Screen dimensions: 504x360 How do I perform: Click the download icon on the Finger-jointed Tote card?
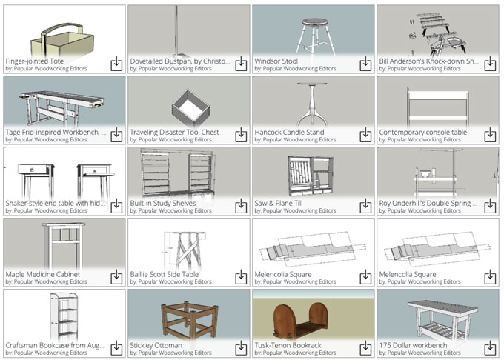click(x=116, y=64)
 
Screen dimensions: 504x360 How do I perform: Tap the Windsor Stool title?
click(x=276, y=61)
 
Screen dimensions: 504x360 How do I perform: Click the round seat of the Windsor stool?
click(x=315, y=22)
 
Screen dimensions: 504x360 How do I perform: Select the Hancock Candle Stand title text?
click(x=289, y=132)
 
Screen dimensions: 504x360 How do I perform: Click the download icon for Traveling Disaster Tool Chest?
click(x=241, y=135)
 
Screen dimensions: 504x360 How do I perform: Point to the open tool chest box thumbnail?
click(x=191, y=108)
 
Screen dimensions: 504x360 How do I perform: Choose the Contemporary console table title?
click(x=422, y=132)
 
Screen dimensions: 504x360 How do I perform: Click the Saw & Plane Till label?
click(x=279, y=203)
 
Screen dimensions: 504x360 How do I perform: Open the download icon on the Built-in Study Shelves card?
click(x=241, y=206)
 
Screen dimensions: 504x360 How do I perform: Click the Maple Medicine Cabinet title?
click(x=43, y=274)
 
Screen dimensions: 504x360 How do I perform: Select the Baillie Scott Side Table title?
click(x=164, y=274)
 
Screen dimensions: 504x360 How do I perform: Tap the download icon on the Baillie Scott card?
click(x=241, y=277)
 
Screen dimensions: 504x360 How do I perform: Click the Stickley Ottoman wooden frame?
click(x=190, y=322)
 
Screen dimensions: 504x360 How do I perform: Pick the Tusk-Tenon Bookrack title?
click(x=288, y=345)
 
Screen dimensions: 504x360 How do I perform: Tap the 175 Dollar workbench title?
click(x=413, y=345)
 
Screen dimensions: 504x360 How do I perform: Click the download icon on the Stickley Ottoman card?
click(x=241, y=348)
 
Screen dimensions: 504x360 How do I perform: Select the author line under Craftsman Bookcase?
click(x=46, y=353)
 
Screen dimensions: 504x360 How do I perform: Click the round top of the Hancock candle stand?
click(x=312, y=84)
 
